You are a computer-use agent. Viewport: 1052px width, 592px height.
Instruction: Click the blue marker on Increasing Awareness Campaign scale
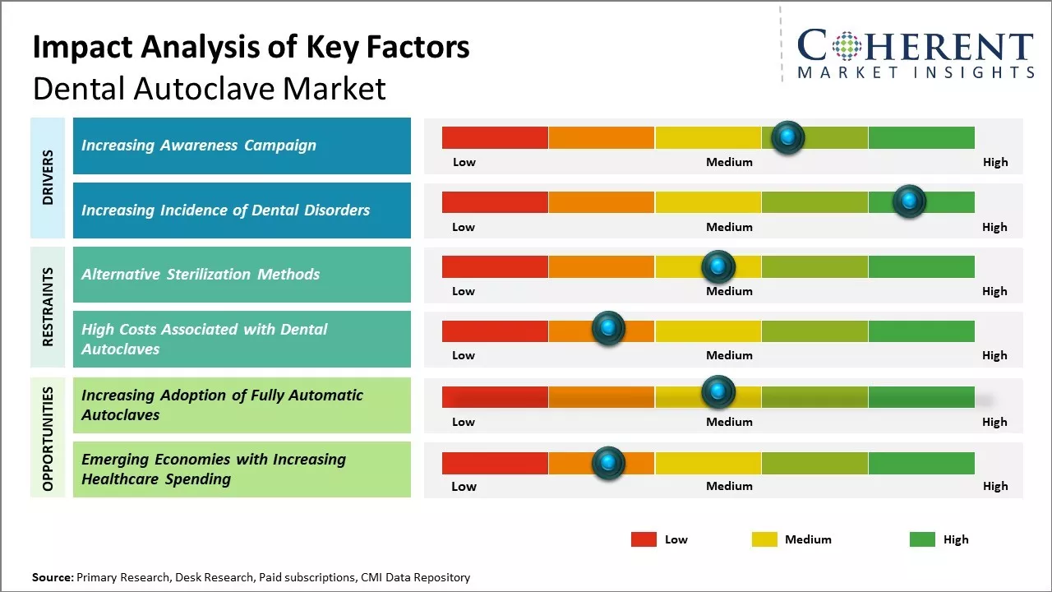787,137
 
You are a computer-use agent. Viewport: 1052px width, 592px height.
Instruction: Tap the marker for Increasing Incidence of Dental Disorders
909,201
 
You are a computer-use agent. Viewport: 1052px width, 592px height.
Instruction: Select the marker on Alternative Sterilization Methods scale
717,266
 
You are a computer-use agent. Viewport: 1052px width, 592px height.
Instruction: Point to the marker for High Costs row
608,329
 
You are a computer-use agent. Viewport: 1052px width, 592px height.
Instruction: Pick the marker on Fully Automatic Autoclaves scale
717,393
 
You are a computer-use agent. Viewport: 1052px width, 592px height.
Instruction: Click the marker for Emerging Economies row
608,463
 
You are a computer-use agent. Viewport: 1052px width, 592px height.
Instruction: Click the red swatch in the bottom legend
644,539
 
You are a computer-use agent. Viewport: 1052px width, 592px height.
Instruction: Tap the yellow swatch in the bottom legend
764,539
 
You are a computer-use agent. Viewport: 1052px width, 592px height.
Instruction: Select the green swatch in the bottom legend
922,539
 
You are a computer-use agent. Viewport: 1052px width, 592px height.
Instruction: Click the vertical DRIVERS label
48,178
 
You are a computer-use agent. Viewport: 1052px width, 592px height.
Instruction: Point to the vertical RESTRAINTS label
48,307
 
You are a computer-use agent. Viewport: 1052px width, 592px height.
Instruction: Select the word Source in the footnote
52,577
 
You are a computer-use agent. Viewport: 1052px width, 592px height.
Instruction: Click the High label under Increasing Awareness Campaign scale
994,162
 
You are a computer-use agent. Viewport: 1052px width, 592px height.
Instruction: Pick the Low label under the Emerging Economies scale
464,486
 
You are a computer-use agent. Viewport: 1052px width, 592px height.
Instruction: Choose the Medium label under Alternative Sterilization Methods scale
729,291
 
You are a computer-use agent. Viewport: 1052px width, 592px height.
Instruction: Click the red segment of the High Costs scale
495,331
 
